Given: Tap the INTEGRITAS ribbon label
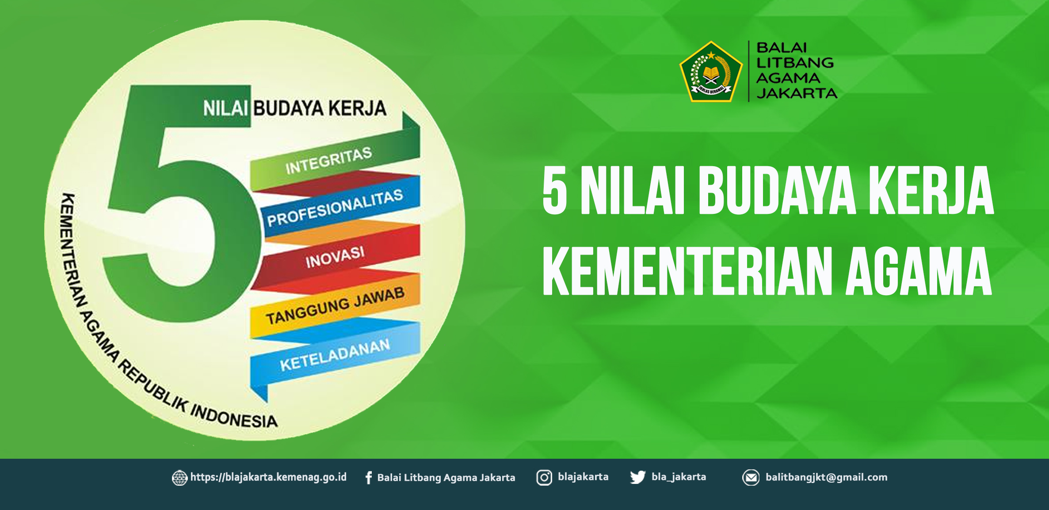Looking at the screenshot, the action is [328, 160].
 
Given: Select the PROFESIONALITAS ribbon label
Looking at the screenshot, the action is [335, 207].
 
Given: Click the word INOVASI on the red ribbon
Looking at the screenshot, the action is [335, 257].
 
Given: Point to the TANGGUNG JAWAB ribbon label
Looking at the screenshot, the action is [335, 305].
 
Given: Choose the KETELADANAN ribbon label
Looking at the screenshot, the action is [335, 354].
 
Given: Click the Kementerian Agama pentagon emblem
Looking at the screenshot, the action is [711, 72].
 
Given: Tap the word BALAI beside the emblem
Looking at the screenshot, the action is [782, 47].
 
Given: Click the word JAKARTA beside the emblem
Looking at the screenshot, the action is [797, 93].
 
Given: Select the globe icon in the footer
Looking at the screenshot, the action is [179, 478].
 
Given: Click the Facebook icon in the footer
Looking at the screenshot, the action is [369, 478].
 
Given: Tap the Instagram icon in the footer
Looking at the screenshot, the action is [544, 478].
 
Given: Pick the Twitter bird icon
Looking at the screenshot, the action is [637, 478].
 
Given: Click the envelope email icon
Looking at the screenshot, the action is [751, 478].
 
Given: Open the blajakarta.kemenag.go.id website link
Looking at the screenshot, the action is [268, 477].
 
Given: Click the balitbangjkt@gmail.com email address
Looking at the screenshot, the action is [827, 477].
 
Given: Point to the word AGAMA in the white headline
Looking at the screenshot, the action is [919, 271].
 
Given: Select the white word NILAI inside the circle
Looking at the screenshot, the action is [225, 109].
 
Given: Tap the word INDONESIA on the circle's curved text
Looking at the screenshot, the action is [234, 416].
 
